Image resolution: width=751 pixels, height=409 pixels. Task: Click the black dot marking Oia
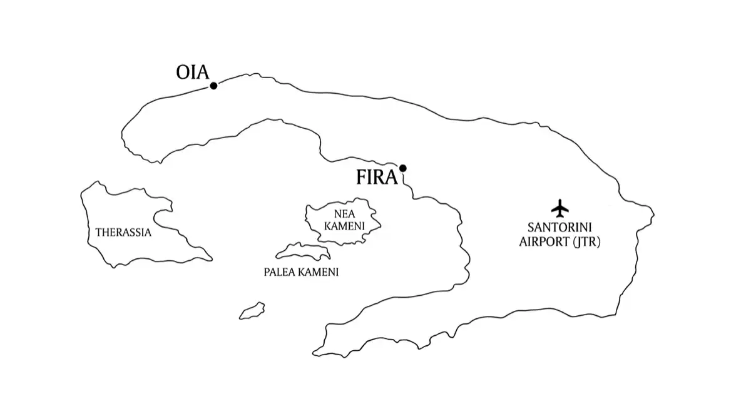click(213, 86)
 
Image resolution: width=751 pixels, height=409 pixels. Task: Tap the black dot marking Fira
click(403, 168)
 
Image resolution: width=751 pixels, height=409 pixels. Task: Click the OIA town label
click(193, 73)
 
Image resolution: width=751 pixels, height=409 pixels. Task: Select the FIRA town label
click(377, 177)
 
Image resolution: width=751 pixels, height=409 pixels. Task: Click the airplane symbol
click(560, 208)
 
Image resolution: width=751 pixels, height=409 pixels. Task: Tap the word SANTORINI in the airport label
click(559, 228)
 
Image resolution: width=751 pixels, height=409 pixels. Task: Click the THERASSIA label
click(123, 233)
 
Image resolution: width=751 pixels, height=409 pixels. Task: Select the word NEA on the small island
click(344, 214)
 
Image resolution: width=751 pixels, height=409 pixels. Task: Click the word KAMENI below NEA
click(344, 226)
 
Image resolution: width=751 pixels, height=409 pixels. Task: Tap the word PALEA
click(279, 272)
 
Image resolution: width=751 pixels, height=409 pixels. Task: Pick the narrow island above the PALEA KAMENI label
click(304, 251)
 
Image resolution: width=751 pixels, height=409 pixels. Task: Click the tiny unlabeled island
click(252, 311)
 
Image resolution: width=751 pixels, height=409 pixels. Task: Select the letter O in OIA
click(183, 73)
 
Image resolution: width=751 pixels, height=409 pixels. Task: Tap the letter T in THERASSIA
click(99, 233)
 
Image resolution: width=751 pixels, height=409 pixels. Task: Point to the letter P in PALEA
click(267, 272)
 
